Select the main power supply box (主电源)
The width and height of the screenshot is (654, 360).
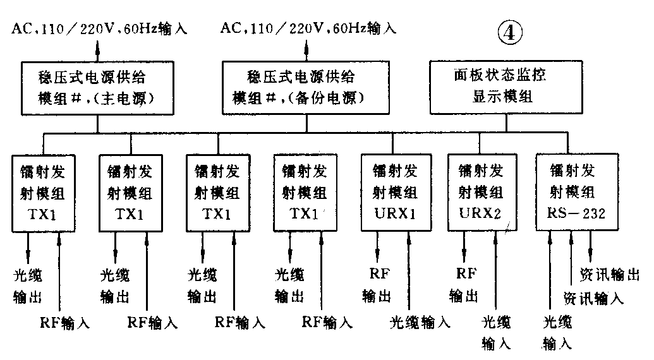coord(97,87)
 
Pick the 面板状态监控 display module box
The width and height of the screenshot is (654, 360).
coord(499,87)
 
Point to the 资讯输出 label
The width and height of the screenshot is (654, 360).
coord(609,274)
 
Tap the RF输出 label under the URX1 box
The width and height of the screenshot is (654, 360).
coord(378,285)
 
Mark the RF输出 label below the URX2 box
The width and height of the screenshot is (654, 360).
coord(464,284)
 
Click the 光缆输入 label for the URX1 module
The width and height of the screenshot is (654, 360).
coord(420,323)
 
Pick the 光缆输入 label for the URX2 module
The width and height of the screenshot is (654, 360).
coord(496,333)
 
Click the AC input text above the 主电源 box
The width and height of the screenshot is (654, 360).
coord(99,28)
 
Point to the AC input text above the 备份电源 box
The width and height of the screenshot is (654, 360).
coord(308,28)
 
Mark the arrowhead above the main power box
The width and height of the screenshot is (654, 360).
coord(97,44)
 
